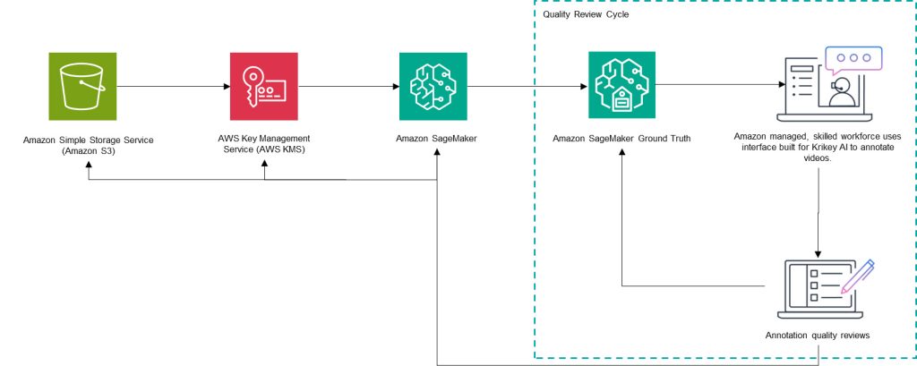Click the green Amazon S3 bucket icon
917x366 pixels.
click(x=82, y=86)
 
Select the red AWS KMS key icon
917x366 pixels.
click(x=264, y=86)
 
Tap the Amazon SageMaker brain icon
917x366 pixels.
click(x=433, y=86)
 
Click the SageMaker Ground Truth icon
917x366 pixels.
click(x=621, y=85)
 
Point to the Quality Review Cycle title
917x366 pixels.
click(x=586, y=14)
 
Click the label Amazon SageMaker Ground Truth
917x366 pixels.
click(x=621, y=139)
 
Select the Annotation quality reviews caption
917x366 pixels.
click(x=818, y=336)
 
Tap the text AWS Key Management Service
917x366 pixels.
click(x=264, y=139)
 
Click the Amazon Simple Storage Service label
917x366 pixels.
click(x=89, y=140)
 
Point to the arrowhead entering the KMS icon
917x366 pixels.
click(x=227, y=87)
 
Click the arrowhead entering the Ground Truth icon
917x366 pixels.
click(x=583, y=87)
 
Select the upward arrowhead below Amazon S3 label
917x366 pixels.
click(x=89, y=167)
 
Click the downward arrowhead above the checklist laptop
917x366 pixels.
click(x=818, y=254)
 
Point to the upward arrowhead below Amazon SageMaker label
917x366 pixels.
click(x=437, y=154)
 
